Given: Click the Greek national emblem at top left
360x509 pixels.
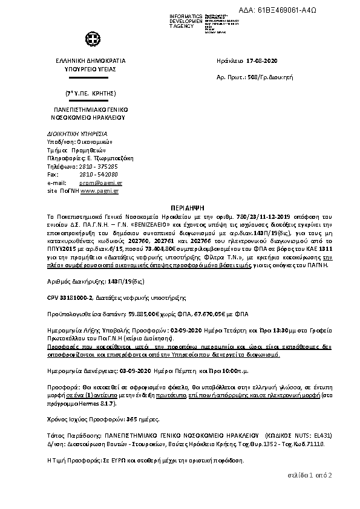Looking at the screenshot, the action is pos(91,40).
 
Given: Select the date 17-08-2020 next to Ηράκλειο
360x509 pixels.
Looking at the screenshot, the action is pos(263,62).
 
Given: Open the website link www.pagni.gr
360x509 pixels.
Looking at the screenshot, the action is pos(99,190).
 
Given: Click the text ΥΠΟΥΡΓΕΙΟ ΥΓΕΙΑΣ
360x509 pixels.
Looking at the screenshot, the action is pos(91,70).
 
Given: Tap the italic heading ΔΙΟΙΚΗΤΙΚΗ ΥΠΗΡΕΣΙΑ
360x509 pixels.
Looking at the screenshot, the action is pos(77,133).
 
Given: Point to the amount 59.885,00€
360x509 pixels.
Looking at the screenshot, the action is pos(132,314).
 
